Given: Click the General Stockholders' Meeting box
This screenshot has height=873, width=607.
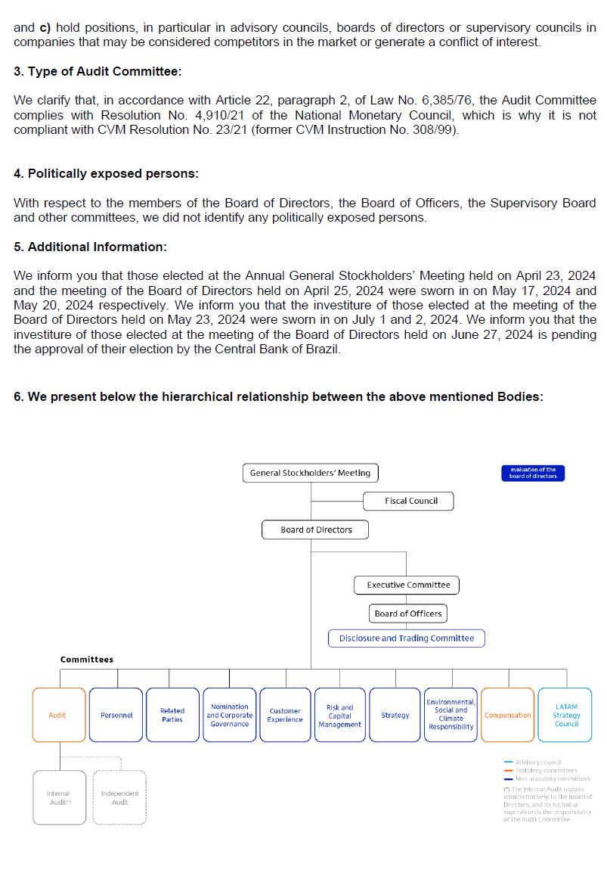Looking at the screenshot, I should [310, 473].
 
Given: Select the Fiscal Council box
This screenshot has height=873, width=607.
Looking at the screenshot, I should [410, 501].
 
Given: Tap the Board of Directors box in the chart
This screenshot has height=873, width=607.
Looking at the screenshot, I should [316, 530].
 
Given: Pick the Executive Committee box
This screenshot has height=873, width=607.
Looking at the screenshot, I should [407, 585].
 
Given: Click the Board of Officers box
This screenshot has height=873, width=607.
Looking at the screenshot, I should [408, 614].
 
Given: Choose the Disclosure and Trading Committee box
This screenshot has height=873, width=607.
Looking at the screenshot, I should [406, 638].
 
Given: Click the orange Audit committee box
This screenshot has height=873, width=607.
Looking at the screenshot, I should [58, 715].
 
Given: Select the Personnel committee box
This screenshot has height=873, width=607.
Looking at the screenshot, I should [116, 715].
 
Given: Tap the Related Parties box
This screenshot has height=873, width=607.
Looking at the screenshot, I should [172, 715].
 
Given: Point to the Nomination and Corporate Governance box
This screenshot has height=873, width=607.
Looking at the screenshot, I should [229, 715].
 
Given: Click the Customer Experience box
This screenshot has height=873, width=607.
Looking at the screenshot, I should [285, 715].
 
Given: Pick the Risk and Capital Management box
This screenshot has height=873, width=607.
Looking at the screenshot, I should [339, 715].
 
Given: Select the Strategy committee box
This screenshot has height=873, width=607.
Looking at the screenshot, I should [395, 715].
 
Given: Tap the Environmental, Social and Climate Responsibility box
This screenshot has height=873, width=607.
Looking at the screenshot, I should [451, 715].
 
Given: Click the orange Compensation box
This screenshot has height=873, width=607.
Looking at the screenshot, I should [507, 715].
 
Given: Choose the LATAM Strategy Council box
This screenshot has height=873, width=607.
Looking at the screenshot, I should [565, 715].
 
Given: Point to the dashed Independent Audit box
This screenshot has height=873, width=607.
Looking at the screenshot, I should [119, 797].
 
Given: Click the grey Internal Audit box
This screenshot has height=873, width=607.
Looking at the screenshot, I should [59, 797].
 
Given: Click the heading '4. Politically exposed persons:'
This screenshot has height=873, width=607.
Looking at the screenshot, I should [106, 173].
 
